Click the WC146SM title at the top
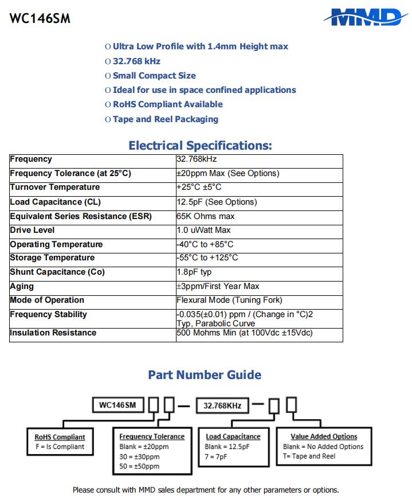point(40,18)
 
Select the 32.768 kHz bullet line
point(136,61)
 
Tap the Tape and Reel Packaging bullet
point(165,119)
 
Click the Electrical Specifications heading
point(200,145)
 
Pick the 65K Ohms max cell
point(206,216)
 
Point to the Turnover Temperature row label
point(55,188)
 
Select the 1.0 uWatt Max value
point(203,231)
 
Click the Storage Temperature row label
point(53,258)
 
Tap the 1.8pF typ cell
point(194,272)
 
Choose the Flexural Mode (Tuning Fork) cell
point(229,300)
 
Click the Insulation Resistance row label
point(53,333)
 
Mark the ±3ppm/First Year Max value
point(218,287)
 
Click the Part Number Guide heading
point(205,375)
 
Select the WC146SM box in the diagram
point(117,405)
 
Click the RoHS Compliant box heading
point(60,437)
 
